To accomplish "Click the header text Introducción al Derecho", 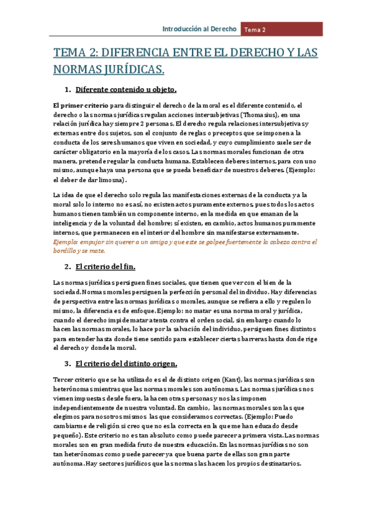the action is [199, 29].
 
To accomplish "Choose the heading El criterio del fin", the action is [104, 267].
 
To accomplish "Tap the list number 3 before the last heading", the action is [67, 363].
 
